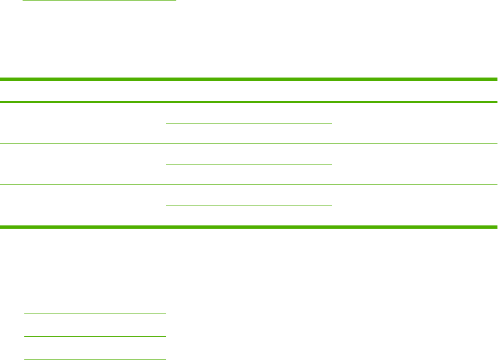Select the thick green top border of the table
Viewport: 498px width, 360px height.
click(x=249, y=80)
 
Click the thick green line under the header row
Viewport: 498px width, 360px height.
click(x=249, y=102)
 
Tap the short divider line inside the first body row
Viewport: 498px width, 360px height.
click(x=249, y=122)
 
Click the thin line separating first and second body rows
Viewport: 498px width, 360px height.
click(x=249, y=145)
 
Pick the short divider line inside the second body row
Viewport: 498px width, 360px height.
click(x=249, y=164)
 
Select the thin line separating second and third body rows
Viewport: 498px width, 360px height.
click(x=249, y=184)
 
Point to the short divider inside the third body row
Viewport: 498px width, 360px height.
click(x=249, y=205)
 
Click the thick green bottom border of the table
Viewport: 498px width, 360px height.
click(x=249, y=227)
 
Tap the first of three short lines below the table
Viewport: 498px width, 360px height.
click(x=95, y=313)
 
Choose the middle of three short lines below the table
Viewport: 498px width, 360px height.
click(x=95, y=336)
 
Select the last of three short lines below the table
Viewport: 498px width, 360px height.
click(x=95, y=359)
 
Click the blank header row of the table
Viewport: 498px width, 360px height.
click(x=249, y=91)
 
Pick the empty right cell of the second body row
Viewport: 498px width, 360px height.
click(x=415, y=164)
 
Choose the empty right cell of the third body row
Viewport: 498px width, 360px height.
click(x=415, y=205)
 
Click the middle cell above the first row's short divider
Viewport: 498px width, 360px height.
click(x=249, y=113)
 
